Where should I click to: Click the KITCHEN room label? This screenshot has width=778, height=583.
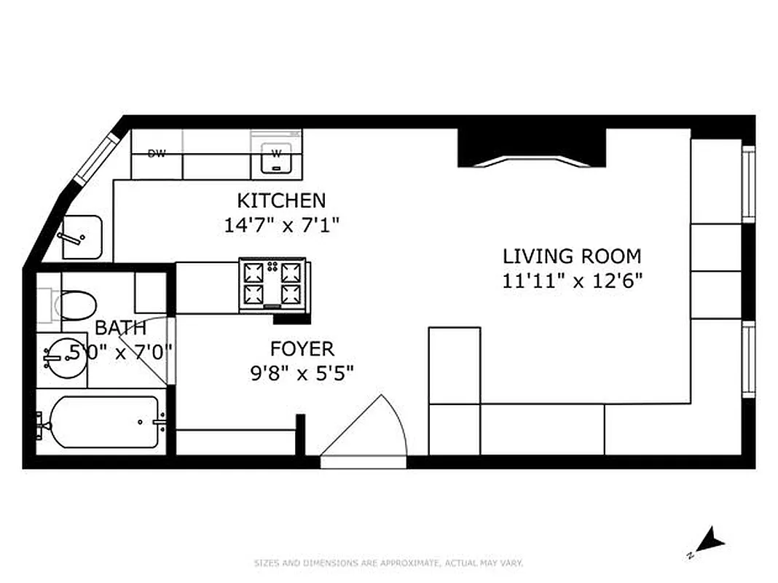[281, 200]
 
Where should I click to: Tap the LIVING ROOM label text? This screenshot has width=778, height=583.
[572, 257]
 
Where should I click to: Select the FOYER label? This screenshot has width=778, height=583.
[302, 348]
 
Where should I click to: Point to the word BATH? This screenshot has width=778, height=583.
[120, 328]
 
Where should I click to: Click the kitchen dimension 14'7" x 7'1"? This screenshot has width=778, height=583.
[281, 224]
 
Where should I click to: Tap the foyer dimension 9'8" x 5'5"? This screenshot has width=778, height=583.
[302, 373]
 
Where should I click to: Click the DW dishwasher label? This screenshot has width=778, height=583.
[156, 154]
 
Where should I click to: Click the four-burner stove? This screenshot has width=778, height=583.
[272, 283]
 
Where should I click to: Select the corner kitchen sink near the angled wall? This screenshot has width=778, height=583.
[81, 237]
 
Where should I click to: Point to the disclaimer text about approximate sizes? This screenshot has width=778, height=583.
[388, 563]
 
